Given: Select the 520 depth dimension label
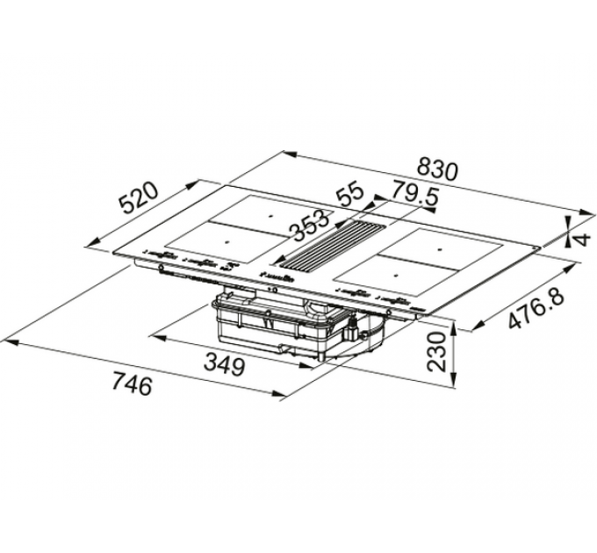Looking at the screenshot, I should pyautogui.click(x=139, y=199).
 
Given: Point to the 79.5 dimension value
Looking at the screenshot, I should pyautogui.click(x=414, y=195).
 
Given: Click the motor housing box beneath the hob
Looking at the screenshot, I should pyautogui.click(x=290, y=329).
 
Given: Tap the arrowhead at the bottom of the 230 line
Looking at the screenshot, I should pyautogui.click(x=455, y=384).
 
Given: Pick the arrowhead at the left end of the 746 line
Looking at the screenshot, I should pyautogui.click(x=7, y=336).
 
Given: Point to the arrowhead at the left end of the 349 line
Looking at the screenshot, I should pyautogui.click(x=155, y=334).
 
